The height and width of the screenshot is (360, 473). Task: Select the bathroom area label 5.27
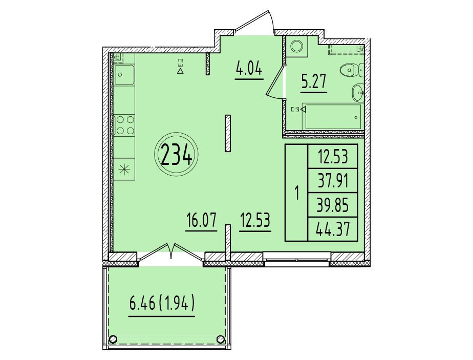[x=314, y=82]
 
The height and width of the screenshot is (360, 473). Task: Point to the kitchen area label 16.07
[x=201, y=220]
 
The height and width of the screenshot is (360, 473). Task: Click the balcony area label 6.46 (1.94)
[x=162, y=304]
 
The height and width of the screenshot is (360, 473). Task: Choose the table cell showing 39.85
[x=333, y=205]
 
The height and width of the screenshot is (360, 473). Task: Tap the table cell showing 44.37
[x=333, y=229]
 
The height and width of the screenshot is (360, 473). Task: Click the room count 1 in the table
[x=296, y=193]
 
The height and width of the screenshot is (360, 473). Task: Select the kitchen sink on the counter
[x=124, y=75]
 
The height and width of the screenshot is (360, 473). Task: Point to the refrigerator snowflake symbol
[x=124, y=170]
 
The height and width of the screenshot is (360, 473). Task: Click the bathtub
[x=333, y=117]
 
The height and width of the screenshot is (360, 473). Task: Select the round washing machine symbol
[x=296, y=46]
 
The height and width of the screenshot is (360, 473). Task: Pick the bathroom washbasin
[x=358, y=92]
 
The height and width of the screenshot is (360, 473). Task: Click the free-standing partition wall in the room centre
[x=228, y=133]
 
